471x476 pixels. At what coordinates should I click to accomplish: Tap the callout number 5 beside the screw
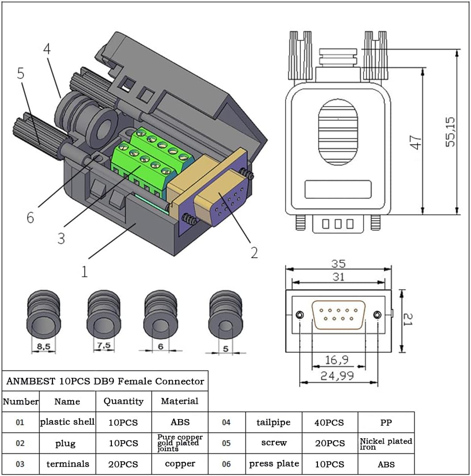tap(21, 74)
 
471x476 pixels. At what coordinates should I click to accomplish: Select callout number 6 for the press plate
tap(30, 217)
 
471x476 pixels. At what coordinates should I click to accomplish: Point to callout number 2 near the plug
tap(254, 252)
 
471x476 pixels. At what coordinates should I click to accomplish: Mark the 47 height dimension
tap(416, 142)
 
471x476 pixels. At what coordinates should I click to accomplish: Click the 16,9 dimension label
tap(338, 360)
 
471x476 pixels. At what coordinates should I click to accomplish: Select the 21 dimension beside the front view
tap(408, 321)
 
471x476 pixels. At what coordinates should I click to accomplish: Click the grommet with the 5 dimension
tap(225, 319)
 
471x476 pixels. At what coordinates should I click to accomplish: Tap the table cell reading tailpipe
tap(273, 422)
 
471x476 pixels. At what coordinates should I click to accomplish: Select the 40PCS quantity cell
tap(330, 422)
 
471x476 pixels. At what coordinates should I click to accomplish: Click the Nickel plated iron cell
tap(386, 444)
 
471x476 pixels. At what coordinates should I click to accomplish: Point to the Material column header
tap(180, 401)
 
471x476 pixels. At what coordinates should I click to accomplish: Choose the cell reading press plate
tap(274, 464)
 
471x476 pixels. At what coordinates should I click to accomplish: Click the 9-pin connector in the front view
tap(339, 315)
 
